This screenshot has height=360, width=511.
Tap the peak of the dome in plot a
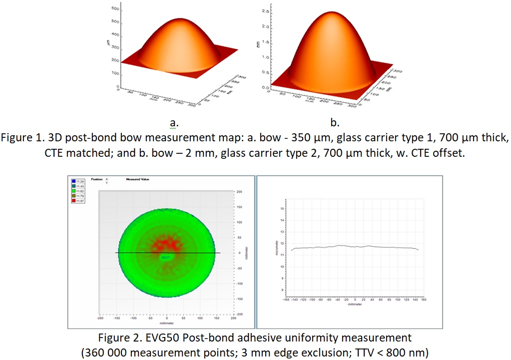coord(171,22)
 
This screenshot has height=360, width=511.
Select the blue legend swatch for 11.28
coord(73,181)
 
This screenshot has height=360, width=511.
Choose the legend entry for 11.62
coord(79,191)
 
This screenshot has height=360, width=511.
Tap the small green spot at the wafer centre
coord(166,257)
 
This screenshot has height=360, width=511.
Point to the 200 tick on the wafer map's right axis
coord(240,191)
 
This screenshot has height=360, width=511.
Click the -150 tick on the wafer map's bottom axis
coord(116,318)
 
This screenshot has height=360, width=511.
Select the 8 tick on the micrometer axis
coord(283,290)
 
